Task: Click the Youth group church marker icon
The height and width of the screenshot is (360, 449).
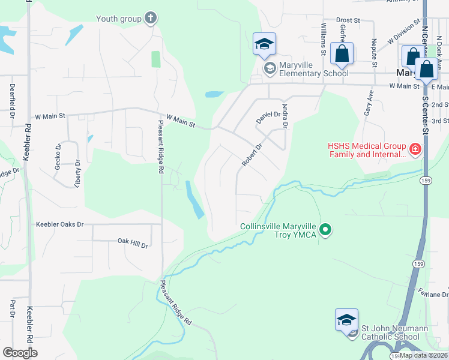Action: click(151, 19)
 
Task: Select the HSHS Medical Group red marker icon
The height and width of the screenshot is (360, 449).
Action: click(414, 149)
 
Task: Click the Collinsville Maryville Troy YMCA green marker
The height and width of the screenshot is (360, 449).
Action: click(325, 230)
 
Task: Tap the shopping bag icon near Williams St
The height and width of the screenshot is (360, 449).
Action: click(342, 53)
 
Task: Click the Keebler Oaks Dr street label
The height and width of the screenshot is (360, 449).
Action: click(59, 224)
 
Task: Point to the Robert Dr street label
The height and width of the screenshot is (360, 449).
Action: click(253, 155)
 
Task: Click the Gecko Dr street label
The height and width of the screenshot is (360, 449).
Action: click(58, 157)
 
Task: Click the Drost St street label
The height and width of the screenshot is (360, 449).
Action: click(348, 20)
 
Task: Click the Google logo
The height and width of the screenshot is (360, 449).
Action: click(20, 353)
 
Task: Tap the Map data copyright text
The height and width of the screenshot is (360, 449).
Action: click(423, 355)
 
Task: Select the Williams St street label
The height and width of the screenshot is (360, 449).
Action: click(323, 37)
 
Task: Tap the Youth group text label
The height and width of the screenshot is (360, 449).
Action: click(119, 19)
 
